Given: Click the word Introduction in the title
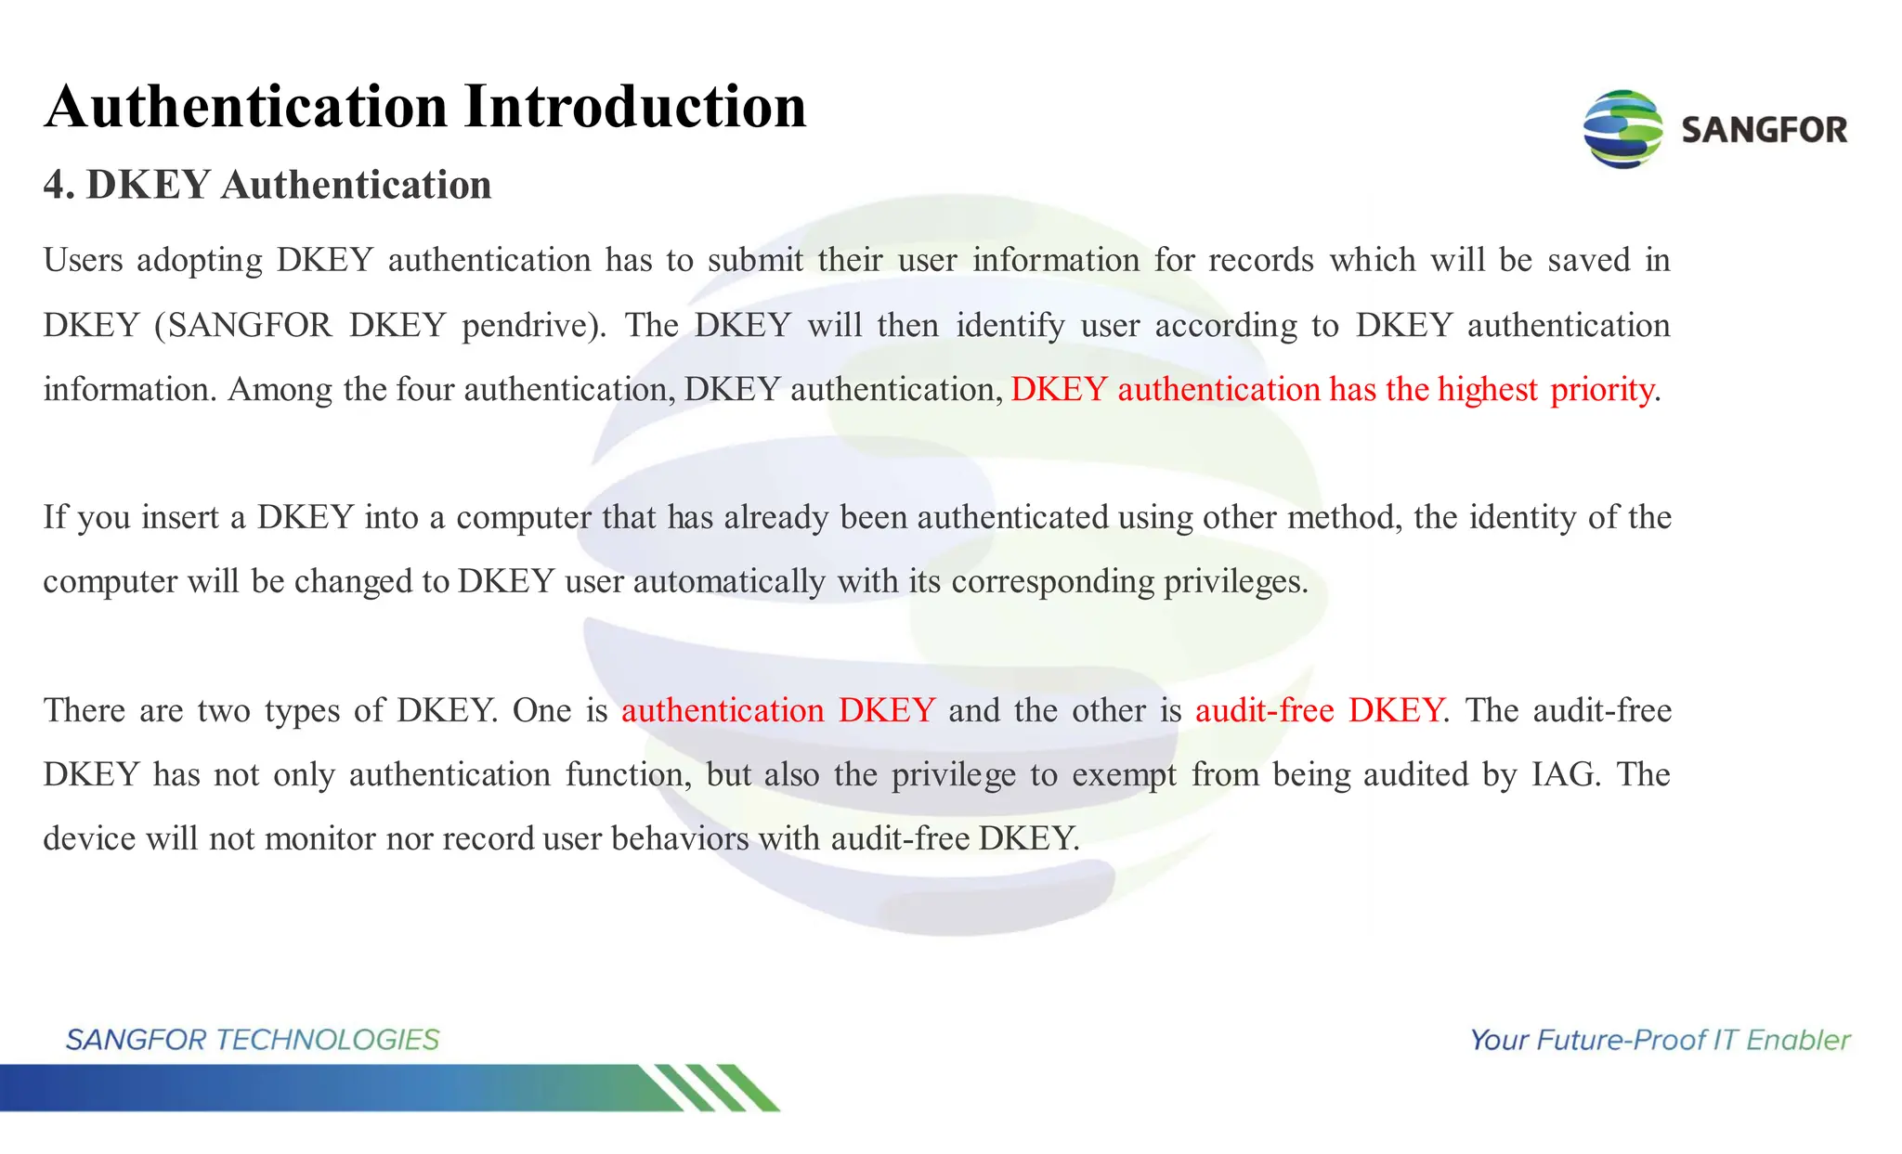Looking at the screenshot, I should pyautogui.click(x=635, y=107).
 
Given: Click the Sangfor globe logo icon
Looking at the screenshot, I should pyautogui.click(x=1622, y=129).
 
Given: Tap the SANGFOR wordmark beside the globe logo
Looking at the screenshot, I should pyautogui.click(x=1764, y=130).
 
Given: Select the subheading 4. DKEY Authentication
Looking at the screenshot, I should pyautogui.click(x=267, y=185).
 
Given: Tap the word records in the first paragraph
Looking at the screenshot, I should pyautogui.click(x=1260, y=260).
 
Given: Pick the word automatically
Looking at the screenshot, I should pyautogui.click(x=729, y=582).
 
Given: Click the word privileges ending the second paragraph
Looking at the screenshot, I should pyautogui.click(x=1234, y=582).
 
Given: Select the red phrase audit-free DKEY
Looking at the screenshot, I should pyautogui.click(x=1319, y=710).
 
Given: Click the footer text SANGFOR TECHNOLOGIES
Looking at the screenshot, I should pyautogui.click(x=252, y=1040).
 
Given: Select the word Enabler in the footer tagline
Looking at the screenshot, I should pyautogui.click(x=1798, y=1040).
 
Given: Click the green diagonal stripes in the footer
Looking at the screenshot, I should pyautogui.click(x=715, y=1087).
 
